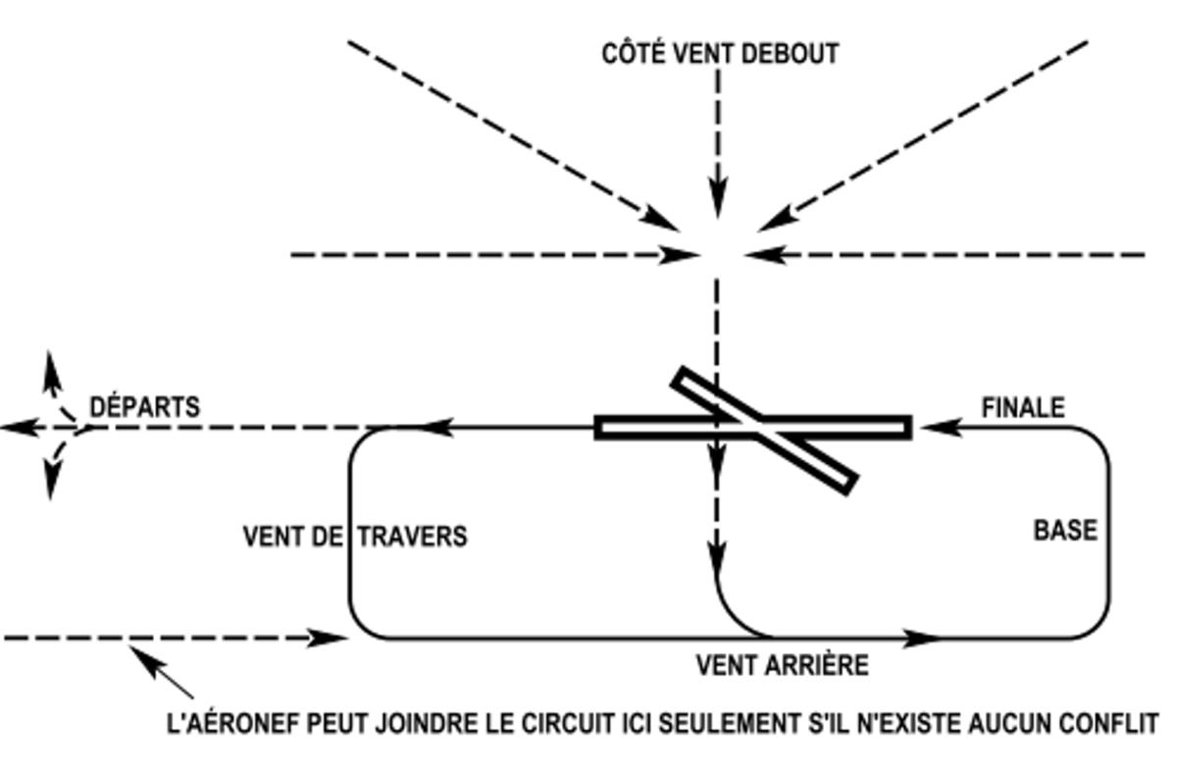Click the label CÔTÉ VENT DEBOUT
coord(720,53)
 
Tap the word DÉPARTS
coord(145,406)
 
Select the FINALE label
coord(1023,407)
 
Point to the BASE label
coord(1065,531)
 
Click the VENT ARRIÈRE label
coord(783,666)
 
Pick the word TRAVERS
coord(412,538)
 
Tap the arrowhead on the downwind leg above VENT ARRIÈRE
coord(920,639)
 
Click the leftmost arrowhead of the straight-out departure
coord(14,428)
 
